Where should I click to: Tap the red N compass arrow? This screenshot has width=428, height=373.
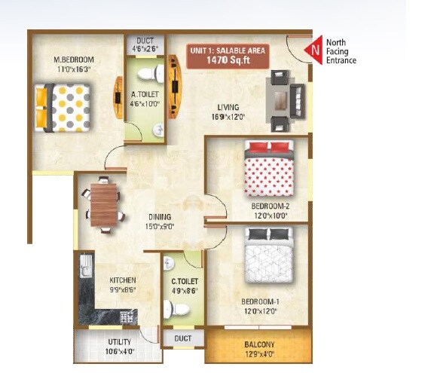pos(313,50)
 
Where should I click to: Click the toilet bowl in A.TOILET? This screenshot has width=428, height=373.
pos(157,74)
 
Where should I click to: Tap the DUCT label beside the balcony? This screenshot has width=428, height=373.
pos(182,338)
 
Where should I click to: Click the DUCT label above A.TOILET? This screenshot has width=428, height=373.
pos(144,41)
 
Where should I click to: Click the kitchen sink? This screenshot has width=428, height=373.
pos(84,267)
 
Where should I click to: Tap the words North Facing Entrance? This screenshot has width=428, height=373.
pos(341,50)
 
